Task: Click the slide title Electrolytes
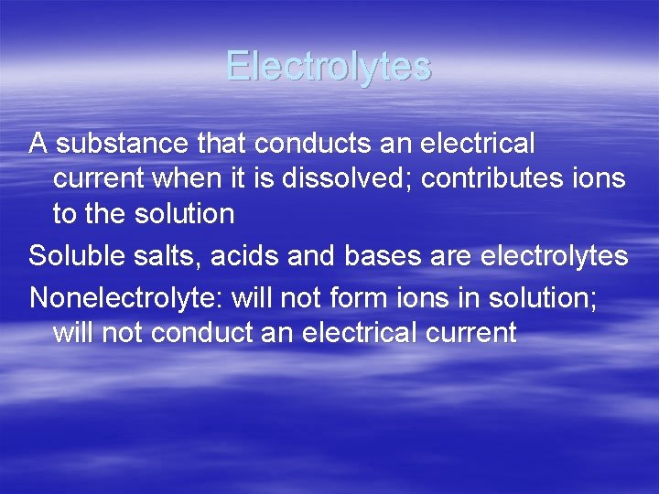pyautogui.click(x=329, y=66)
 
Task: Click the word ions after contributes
pyautogui.click(x=603, y=178)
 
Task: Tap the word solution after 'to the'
pyautogui.click(x=181, y=214)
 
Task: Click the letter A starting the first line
pyautogui.click(x=38, y=144)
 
